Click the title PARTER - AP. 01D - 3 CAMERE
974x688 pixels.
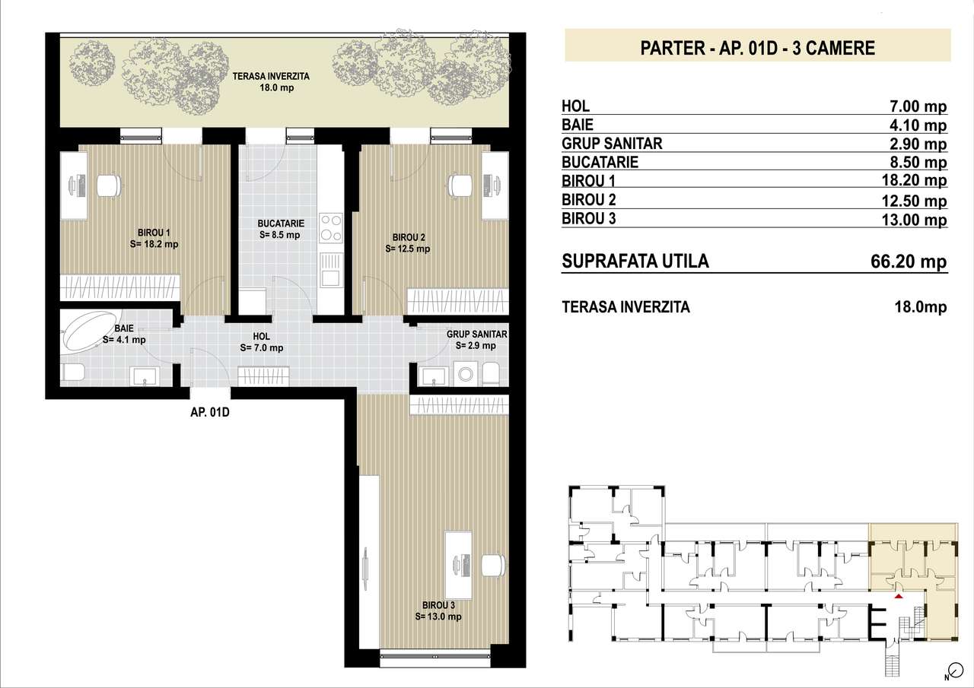click(x=757, y=48)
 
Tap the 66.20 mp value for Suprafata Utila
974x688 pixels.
click(x=909, y=262)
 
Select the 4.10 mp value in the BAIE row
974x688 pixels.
click(x=918, y=125)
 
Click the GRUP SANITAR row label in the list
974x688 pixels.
click(x=612, y=144)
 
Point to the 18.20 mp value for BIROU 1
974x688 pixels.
click(x=914, y=180)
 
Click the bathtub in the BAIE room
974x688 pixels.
click(x=91, y=331)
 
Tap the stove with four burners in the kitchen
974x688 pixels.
click(x=331, y=228)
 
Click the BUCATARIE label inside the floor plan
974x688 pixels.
click(x=281, y=229)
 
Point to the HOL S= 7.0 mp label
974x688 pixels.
click(x=261, y=342)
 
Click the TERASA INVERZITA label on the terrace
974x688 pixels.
click(x=271, y=81)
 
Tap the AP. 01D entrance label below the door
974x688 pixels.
click(x=209, y=412)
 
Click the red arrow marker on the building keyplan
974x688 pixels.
click(x=899, y=596)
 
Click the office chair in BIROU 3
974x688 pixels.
click(x=494, y=566)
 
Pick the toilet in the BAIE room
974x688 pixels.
click(x=74, y=374)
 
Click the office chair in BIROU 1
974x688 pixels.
click(x=108, y=185)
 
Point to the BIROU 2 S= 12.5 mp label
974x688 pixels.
click(x=408, y=243)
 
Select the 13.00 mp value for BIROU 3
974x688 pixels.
click(x=914, y=220)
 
